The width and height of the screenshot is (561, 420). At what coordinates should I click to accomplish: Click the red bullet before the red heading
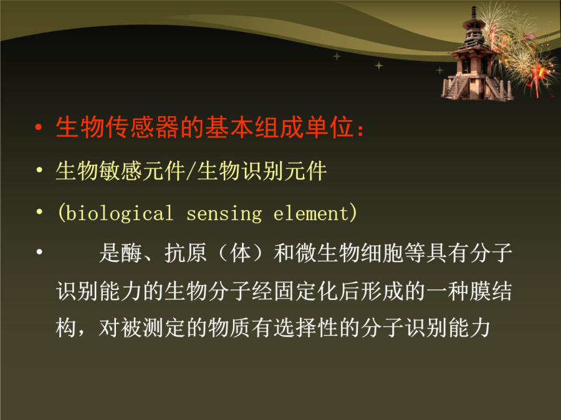coord(39,128)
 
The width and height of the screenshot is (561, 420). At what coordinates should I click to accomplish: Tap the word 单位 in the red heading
coord(329,127)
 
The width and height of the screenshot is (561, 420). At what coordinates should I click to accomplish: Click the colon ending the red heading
coord(360,130)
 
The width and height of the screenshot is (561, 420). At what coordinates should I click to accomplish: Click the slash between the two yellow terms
coord(191,171)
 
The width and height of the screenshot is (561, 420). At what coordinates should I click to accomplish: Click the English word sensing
coord(224,214)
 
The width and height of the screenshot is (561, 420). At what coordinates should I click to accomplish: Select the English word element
coord(310,213)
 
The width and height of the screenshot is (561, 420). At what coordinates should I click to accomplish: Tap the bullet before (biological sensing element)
coord(39,212)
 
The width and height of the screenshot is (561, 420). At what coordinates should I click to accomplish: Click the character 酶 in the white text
coord(132,253)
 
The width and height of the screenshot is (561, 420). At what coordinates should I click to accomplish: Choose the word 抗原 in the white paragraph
coord(185,253)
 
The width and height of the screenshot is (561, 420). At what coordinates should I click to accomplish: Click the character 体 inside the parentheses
coord(241,253)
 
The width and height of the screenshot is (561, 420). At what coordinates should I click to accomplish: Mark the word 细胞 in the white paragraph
coord(381,253)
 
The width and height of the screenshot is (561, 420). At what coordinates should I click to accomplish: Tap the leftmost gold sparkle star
coord(337,57)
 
